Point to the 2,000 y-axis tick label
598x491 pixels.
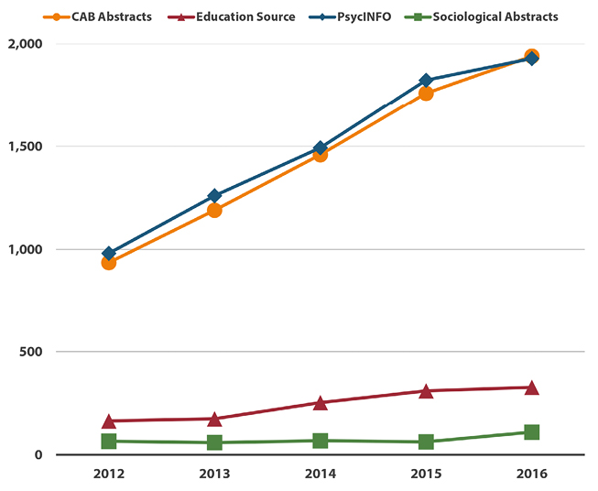pyautogui.click(x=26, y=44)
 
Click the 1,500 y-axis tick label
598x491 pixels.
pyautogui.click(x=26, y=147)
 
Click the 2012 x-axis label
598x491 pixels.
pyautogui.click(x=108, y=475)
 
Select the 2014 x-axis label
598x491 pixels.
pyautogui.click(x=320, y=475)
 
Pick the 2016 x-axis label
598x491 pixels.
pyautogui.click(x=531, y=475)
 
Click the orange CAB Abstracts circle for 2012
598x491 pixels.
pyautogui.click(x=108, y=263)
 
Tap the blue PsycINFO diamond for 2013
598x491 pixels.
pyautogui.click(x=214, y=195)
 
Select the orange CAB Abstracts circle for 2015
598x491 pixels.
pyautogui.click(x=426, y=93)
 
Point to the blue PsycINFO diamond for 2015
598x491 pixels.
pyautogui.click(x=426, y=81)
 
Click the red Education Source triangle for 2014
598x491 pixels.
pyautogui.click(x=320, y=402)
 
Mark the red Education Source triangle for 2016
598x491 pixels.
pyautogui.click(x=531, y=387)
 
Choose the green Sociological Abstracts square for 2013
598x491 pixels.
pyautogui.click(x=214, y=442)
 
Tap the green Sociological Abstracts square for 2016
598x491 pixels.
pyautogui.click(x=531, y=431)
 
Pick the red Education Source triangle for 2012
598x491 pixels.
pyautogui.click(x=108, y=420)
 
